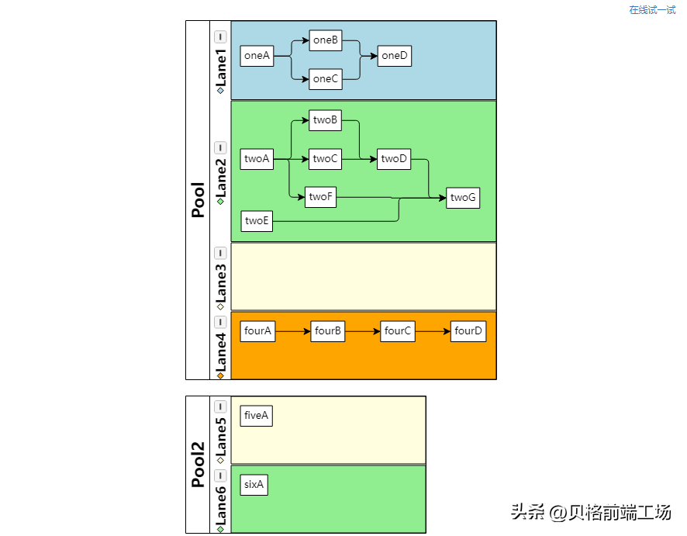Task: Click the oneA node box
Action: point(257,56)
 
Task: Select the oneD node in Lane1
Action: point(395,56)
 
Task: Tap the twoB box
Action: point(325,120)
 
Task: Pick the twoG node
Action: point(463,198)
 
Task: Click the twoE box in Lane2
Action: point(257,221)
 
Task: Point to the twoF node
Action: point(320,197)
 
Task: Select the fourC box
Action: point(398,331)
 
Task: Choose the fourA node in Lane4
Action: point(257,331)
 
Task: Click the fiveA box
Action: point(257,416)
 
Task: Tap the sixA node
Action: point(254,485)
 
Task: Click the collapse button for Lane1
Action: point(220,36)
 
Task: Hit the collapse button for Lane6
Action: point(220,475)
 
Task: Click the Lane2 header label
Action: point(221,178)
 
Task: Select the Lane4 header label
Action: point(221,352)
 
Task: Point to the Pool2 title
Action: point(198,465)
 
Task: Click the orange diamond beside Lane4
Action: point(220,375)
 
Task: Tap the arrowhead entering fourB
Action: point(307,331)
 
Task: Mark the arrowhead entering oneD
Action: point(375,56)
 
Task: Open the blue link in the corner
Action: point(652,9)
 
